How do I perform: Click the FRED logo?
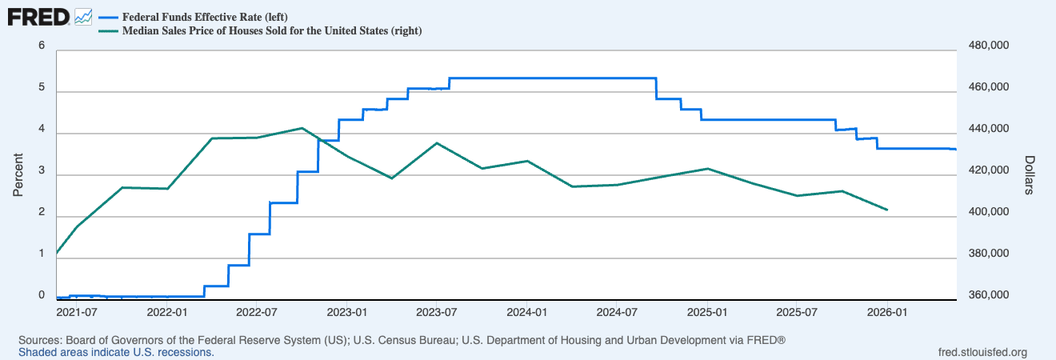click(38, 18)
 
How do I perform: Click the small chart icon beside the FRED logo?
click(83, 18)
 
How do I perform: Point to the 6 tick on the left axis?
click(42, 46)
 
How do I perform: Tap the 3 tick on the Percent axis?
click(42, 170)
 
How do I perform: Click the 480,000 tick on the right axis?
click(989, 46)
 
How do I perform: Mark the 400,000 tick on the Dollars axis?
click(989, 211)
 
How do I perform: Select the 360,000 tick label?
click(989, 295)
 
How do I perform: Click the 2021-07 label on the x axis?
click(77, 313)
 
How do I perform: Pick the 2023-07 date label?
click(437, 313)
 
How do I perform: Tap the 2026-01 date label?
click(887, 313)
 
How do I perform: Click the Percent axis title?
click(18, 175)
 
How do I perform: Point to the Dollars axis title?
click(1030, 175)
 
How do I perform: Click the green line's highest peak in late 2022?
click(302, 128)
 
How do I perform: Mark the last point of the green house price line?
click(887, 210)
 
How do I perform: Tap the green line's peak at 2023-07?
click(437, 142)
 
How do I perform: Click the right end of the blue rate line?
click(956, 150)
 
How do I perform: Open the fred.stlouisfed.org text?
click(982, 353)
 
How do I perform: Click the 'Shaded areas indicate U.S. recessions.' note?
click(116, 353)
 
